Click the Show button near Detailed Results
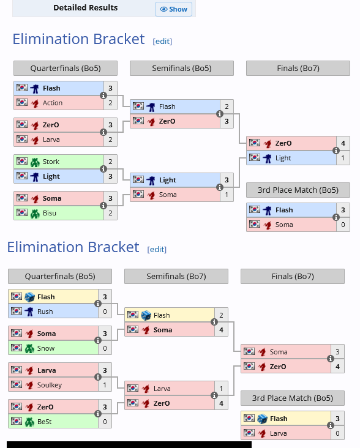pos(173,9)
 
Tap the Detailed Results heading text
pos(86,8)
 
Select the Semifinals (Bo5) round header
pos(182,69)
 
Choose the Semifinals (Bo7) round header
pos(176,276)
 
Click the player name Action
pos(53,103)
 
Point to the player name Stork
pos(51,162)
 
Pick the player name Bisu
pos(50,213)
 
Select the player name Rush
pos(45,312)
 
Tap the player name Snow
pos(46,348)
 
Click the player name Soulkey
pos(50,385)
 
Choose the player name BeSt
pos(45,422)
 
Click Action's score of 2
pos(110,103)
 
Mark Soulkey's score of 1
pos(105,385)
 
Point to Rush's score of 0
pos(105,312)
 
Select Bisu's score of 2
pos(110,213)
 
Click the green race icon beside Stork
pos(35,162)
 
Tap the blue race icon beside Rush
pos(29,312)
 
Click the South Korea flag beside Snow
pos(17,348)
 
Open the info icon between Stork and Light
pos(103,169)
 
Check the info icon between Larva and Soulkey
pos(98,377)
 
